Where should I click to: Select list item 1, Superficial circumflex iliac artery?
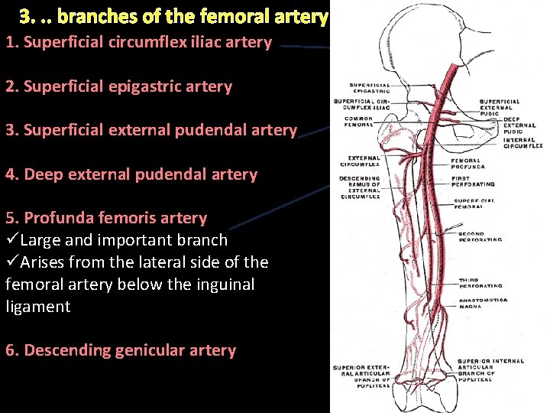click(138, 42)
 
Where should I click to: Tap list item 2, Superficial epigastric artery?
click(118, 86)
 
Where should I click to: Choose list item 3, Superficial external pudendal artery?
click(150, 130)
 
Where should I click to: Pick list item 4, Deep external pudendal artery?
click(131, 174)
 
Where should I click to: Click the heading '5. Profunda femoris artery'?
click(106, 218)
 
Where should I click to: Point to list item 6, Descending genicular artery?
click(121, 350)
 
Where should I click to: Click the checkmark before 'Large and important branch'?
click(11, 240)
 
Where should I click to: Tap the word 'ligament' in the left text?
click(37, 307)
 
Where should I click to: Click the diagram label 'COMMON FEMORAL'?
click(359, 122)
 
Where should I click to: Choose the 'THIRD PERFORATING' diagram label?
click(480, 283)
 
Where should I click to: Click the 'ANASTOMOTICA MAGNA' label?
click(480, 303)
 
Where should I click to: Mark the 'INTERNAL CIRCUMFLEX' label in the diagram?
click(522, 142)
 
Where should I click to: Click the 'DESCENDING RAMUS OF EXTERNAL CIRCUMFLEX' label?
click(360, 187)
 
